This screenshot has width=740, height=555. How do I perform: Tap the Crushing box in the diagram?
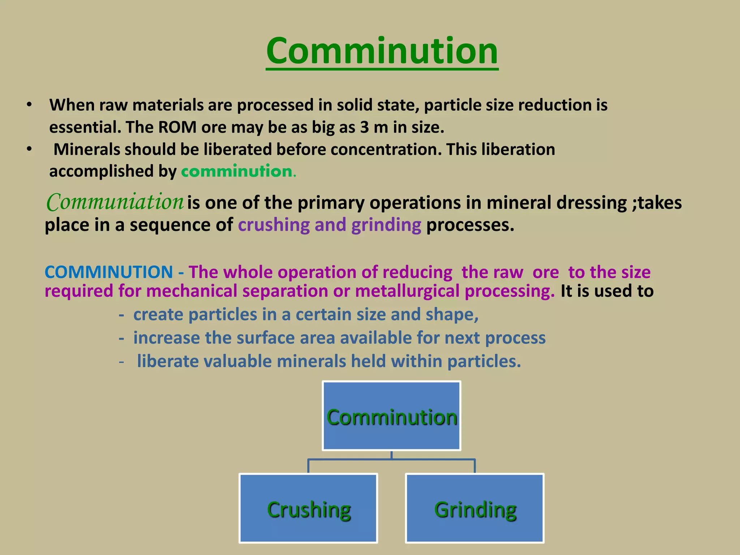click(x=308, y=508)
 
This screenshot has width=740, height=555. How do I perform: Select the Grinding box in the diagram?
click(x=475, y=508)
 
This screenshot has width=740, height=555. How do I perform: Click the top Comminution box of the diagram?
click(x=391, y=416)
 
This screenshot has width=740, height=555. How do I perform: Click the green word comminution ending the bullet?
click(x=237, y=171)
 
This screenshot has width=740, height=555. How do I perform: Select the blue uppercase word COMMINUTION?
click(x=109, y=272)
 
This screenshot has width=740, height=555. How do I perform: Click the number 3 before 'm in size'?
click(x=364, y=127)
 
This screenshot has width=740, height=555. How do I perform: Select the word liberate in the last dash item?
click(x=168, y=361)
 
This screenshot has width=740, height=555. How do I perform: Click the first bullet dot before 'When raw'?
click(x=29, y=105)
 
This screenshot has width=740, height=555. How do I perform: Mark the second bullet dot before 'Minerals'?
click(x=29, y=149)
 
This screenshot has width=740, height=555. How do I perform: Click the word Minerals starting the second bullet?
click(x=87, y=150)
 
